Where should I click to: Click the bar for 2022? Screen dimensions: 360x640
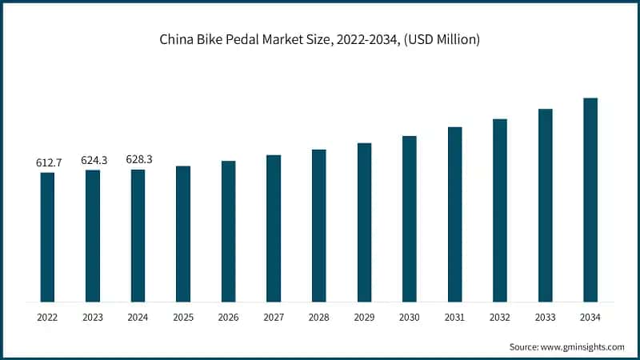pos(47,237)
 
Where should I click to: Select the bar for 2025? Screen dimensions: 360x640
pos(183,234)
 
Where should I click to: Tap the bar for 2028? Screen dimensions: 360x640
pos(319,226)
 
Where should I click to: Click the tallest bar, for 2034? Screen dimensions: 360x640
pos(590,200)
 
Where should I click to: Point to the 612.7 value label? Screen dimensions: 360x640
pos(48,162)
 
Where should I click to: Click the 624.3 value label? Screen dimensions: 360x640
pos(94,160)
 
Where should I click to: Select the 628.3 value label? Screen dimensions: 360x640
pos(138,159)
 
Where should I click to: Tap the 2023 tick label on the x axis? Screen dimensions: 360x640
pos(93,318)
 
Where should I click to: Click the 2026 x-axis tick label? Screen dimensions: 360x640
pos(229,318)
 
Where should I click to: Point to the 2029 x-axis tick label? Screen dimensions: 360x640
pos(364,318)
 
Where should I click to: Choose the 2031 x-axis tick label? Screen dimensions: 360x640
pos(454,318)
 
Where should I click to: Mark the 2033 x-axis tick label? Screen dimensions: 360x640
pos(545,318)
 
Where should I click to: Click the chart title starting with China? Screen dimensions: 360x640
pos(320,38)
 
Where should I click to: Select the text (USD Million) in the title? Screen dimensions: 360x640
pos(440,38)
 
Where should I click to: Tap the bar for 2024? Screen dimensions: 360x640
pos(138,235)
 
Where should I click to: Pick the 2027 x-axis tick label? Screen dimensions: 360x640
pos(274,318)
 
